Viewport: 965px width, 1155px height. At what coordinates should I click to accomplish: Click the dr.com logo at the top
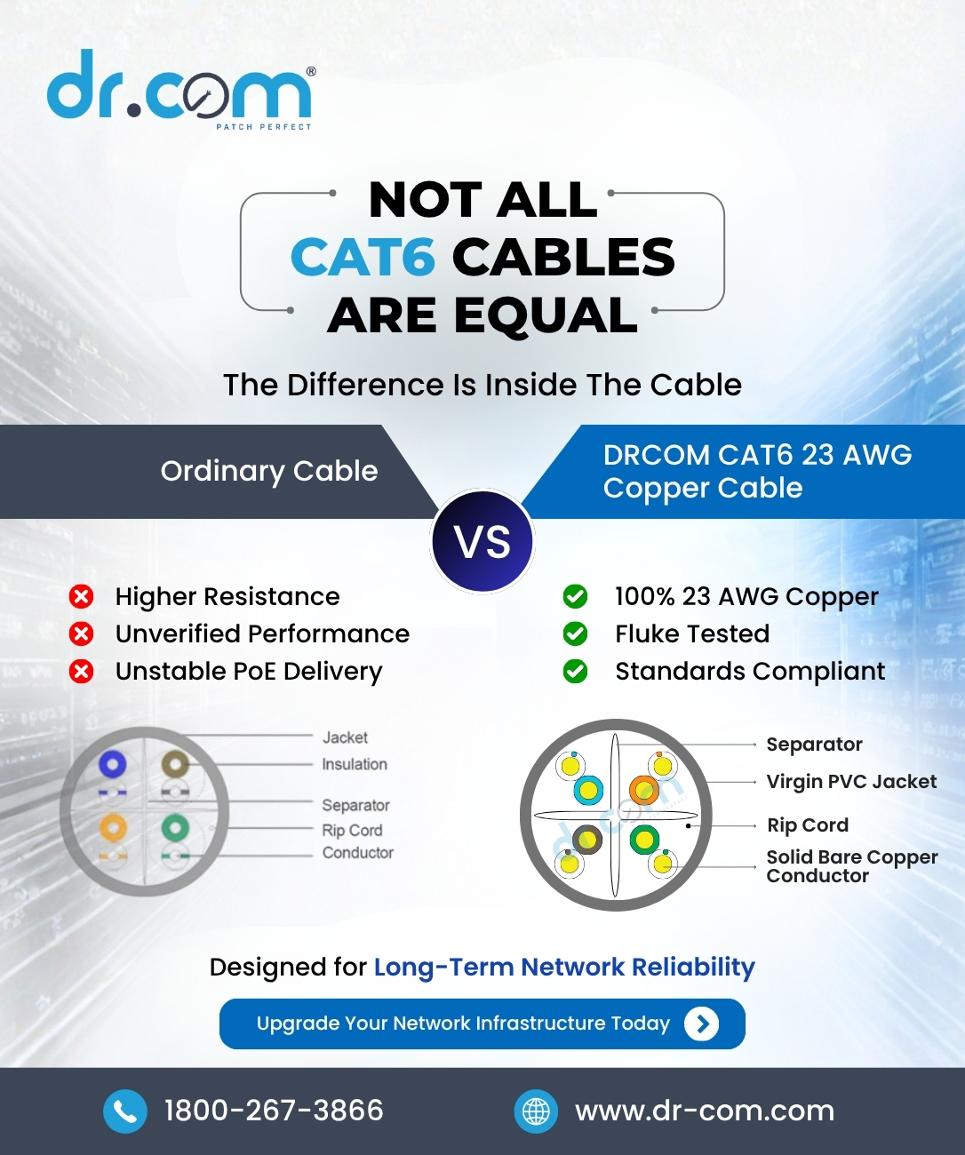click(x=181, y=89)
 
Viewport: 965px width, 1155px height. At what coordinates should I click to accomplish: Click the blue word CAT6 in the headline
click(x=363, y=257)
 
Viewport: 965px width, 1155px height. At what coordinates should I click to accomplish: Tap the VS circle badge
click(x=482, y=541)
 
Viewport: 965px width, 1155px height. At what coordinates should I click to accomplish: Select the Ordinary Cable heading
click(x=269, y=471)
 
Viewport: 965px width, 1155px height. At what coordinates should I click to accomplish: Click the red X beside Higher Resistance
click(x=82, y=597)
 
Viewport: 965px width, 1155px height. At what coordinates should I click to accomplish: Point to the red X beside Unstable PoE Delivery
click(x=82, y=672)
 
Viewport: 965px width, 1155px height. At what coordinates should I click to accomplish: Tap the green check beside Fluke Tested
click(x=576, y=634)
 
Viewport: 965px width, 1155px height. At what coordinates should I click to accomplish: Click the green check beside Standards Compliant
click(x=576, y=672)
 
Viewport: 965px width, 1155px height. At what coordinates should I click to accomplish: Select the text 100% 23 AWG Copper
click(x=746, y=596)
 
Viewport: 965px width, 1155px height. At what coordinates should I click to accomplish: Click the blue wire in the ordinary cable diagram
click(x=112, y=764)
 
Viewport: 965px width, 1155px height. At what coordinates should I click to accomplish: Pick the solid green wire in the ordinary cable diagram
click(x=175, y=828)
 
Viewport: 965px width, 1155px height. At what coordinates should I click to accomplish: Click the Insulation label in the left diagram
click(x=355, y=764)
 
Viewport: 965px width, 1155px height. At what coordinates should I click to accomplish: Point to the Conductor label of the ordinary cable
click(x=358, y=852)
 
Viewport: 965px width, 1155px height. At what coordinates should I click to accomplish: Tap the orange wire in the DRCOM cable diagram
click(x=644, y=790)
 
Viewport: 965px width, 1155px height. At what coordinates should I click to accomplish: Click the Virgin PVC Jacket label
click(x=851, y=782)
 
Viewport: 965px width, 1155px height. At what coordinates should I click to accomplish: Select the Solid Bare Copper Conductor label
click(x=852, y=866)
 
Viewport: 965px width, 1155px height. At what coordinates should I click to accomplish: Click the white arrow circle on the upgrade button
click(x=701, y=1024)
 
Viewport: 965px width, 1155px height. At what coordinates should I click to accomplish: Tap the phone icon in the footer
click(x=125, y=1111)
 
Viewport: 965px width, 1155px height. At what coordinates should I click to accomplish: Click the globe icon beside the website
click(x=536, y=1111)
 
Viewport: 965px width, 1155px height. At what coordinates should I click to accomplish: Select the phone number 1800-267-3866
click(x=274, y=1111)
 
